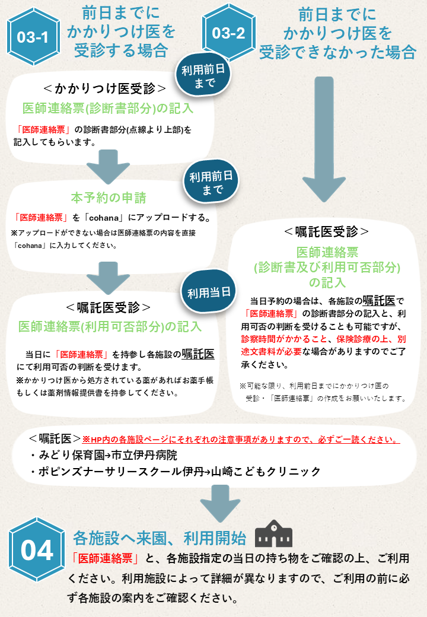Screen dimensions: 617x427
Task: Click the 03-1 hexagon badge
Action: click(33, 37)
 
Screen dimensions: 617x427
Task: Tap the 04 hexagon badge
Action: click(37, 550)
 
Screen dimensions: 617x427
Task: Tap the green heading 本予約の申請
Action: click(109, 198)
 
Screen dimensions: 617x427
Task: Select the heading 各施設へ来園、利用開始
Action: click(159, 538)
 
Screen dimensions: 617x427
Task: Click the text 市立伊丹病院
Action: click(142, 456)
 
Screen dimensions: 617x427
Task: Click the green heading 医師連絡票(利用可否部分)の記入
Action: click(110, 326)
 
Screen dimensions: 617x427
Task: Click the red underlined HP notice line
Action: click(240, 440)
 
